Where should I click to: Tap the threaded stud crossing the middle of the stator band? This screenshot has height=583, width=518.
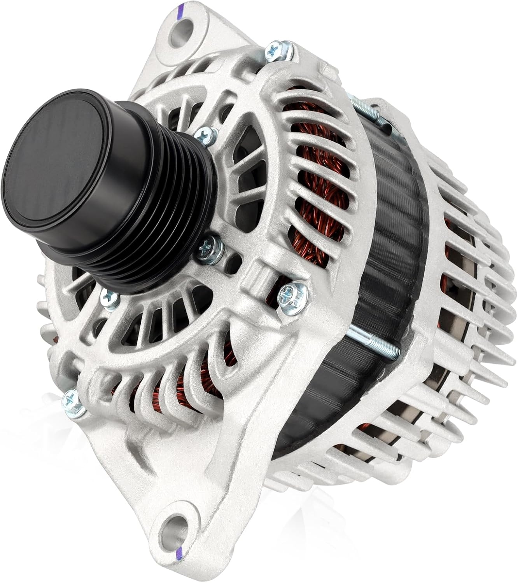pyautogui.click(x=373, y=342)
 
